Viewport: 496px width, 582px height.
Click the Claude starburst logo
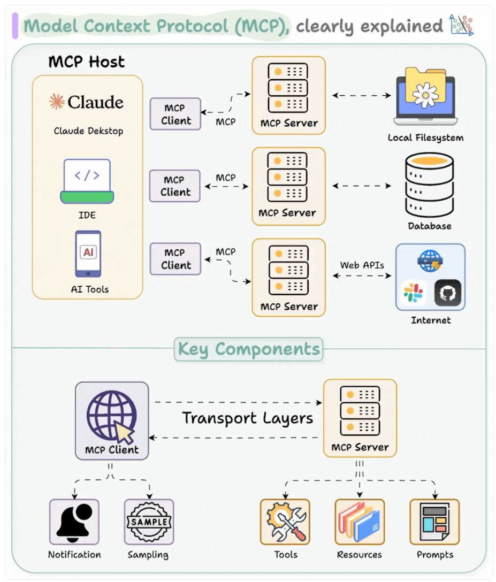coord(56,102)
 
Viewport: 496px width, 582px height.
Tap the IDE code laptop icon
coord(87,181)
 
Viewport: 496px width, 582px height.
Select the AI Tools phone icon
coord(88,254)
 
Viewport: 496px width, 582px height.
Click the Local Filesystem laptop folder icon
coord(425,96)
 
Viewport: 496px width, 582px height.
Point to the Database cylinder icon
coord(430,185)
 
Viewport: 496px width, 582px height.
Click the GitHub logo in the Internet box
coord(448,293)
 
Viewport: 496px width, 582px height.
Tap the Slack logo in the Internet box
coord(413,293)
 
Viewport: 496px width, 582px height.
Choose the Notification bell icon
coord(74,522)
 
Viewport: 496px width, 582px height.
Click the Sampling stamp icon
coord(149,522)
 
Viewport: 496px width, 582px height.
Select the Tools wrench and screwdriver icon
coord(285,522)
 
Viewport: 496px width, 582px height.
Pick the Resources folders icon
coord(360,522)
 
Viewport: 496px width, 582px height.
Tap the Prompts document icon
coord(434,522)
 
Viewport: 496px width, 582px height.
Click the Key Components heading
coord(249,349)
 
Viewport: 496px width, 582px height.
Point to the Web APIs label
coord(362,265)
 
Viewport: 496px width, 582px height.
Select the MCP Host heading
coord(87,62)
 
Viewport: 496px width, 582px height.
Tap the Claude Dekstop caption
coord(88,131)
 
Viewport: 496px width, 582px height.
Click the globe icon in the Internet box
coord(430,261)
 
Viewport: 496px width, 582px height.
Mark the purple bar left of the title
coord(15,26)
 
